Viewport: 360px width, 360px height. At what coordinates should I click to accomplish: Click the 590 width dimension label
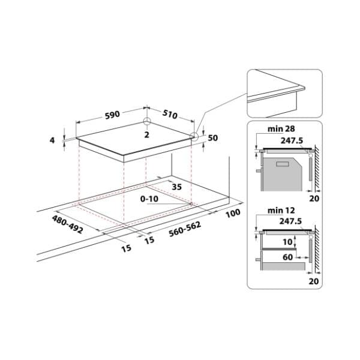click(x=112, y=115)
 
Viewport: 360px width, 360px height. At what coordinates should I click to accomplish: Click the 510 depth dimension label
click(x=170, y=114)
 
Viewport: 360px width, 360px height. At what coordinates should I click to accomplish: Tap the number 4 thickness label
click(x=52, y=140)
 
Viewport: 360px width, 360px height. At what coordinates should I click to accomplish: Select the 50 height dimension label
click(x=213, y=138)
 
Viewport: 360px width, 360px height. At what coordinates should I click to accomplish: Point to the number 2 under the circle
click(x=147, y=134)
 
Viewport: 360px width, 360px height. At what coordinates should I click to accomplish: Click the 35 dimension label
click(x=177, y=187)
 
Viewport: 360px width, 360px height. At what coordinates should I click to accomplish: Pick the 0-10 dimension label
click(x=149, y=199)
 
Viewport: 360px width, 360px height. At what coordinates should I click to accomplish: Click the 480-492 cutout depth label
click(x=67, y=224)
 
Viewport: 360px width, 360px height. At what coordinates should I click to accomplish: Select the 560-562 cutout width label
click(x=185, y=229)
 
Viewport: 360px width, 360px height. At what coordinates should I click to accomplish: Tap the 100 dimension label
click(x=233, y=213)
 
